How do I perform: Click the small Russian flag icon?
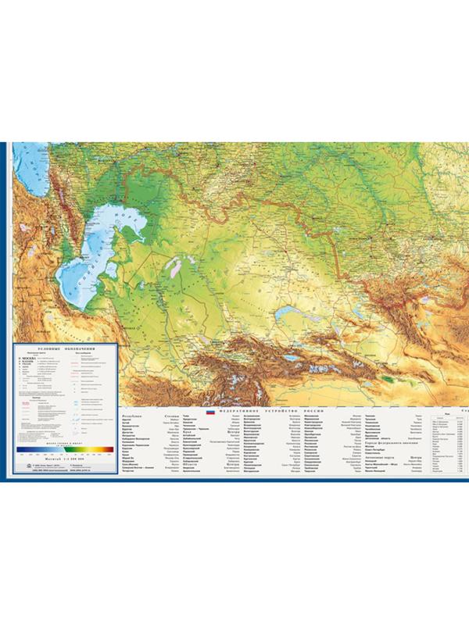(x=209, y=412)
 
